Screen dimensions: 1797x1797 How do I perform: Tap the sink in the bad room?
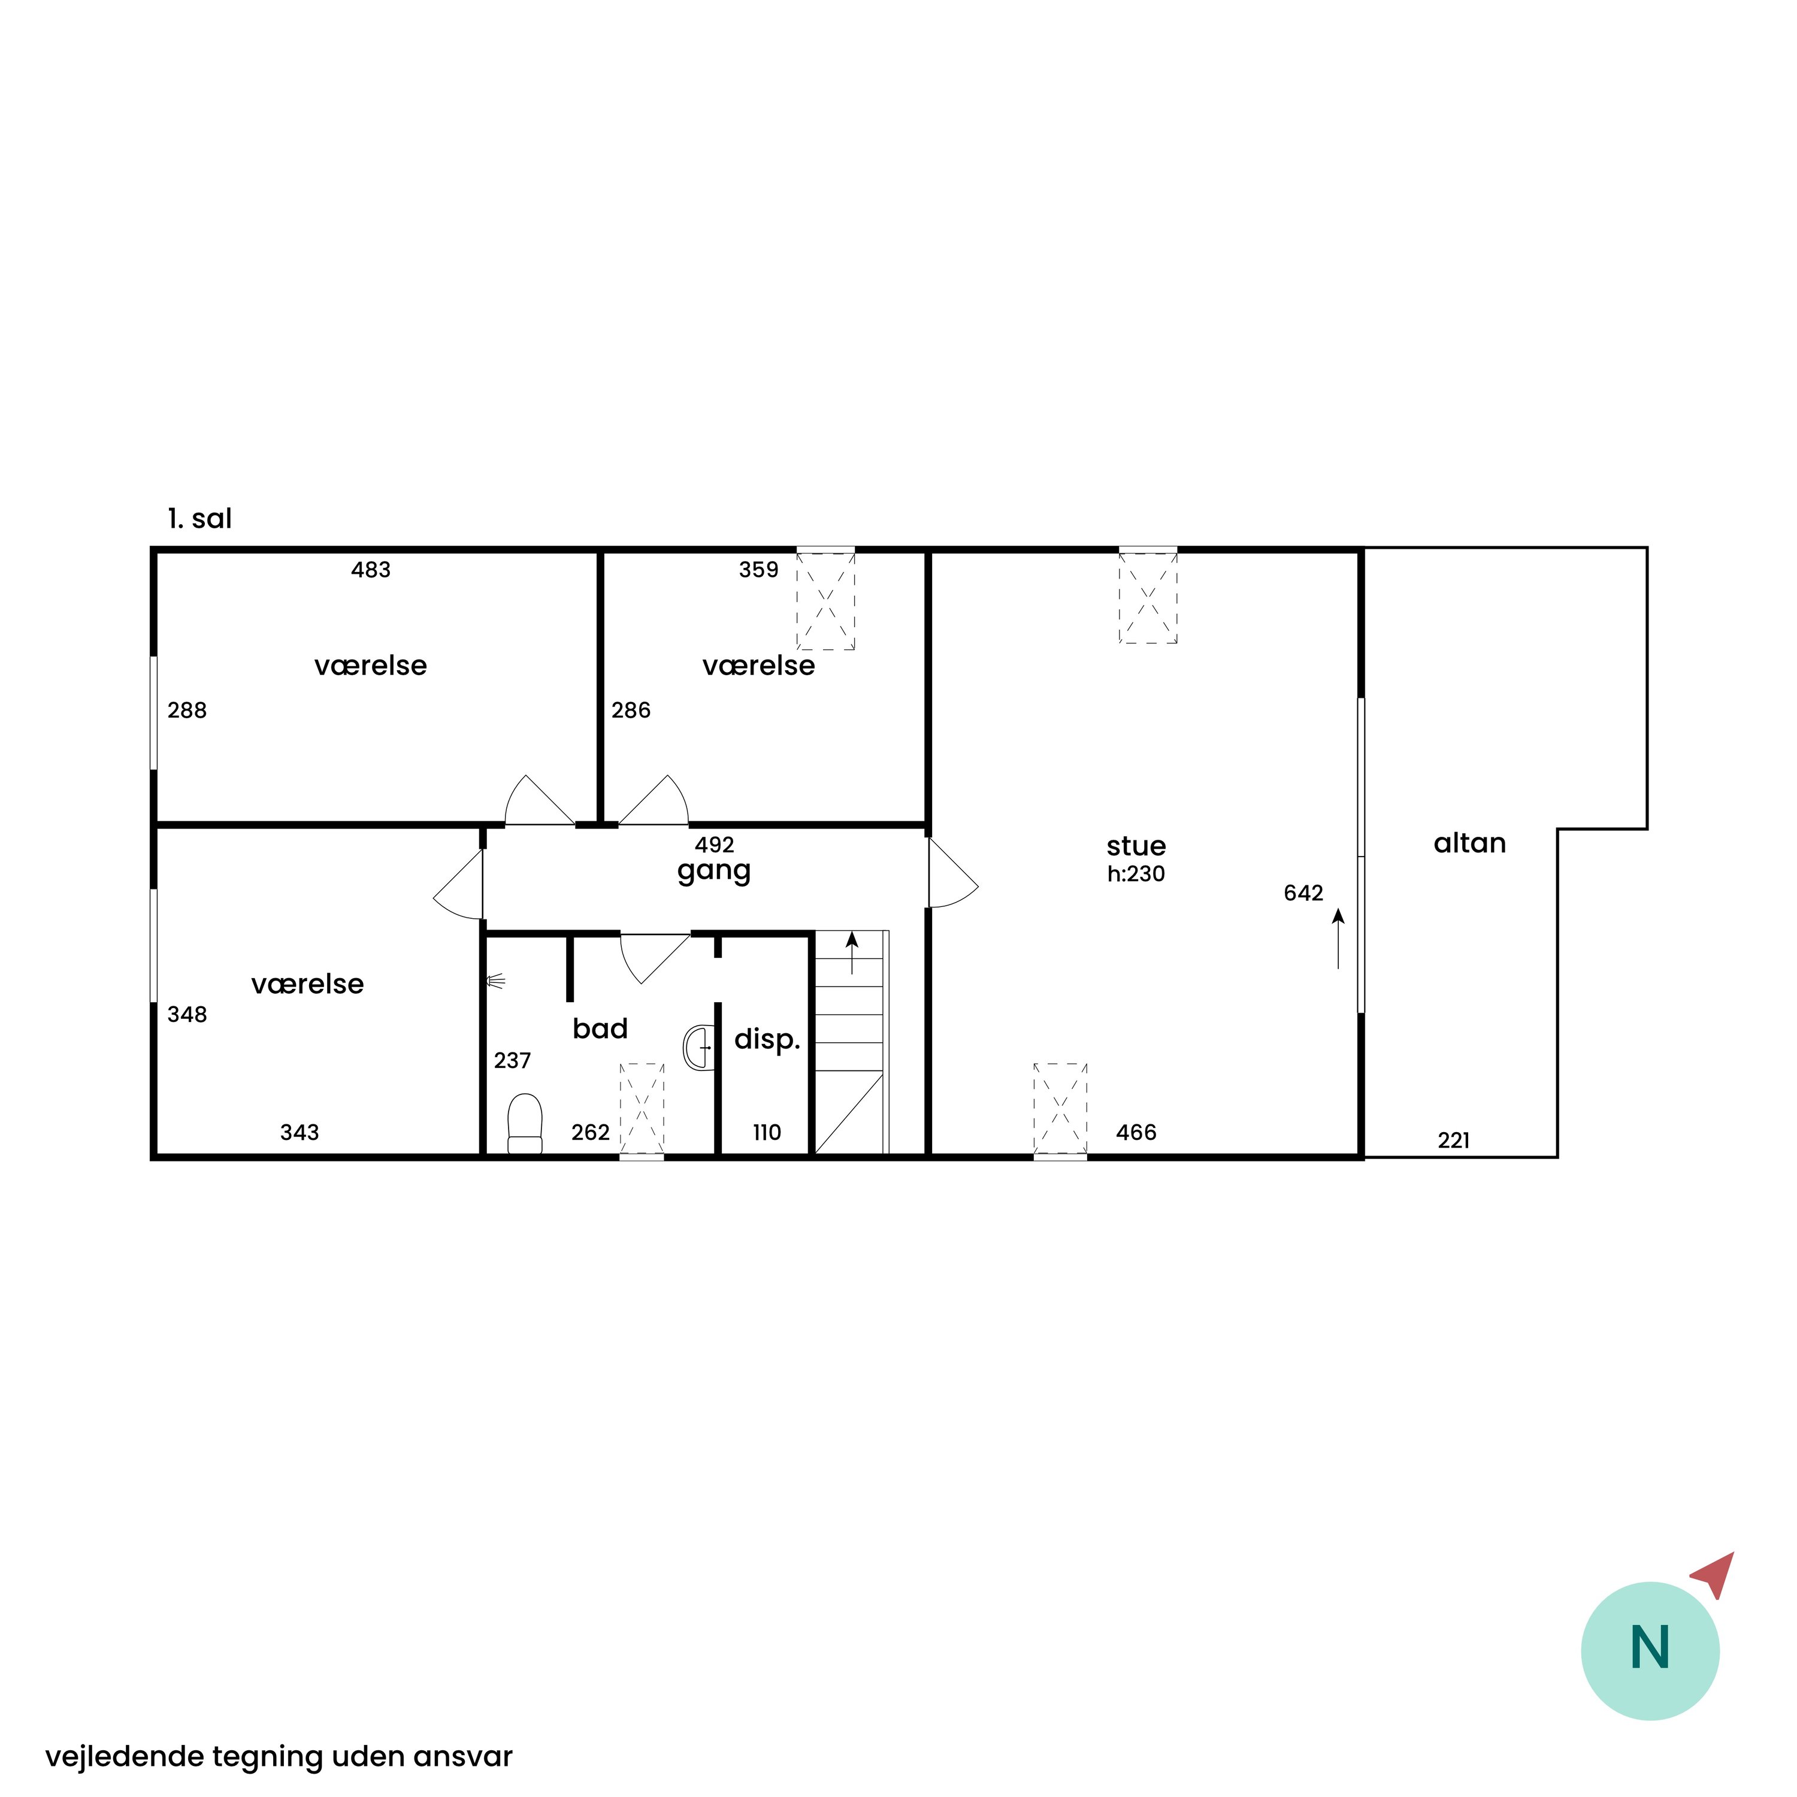(x=698, y=1047)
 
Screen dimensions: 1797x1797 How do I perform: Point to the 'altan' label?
(x=1469, y=843)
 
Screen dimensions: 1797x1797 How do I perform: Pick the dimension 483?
(x=371, y=569)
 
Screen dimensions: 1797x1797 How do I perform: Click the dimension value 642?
(x=1303, y=893)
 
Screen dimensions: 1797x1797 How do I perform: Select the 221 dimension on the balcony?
(x=1454, y=1140)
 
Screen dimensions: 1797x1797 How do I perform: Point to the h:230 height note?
(x=1136, y=873)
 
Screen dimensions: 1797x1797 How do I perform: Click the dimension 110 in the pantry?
(x=767, y=1132)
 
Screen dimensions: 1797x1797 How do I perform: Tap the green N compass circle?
(x=1650, y=1651)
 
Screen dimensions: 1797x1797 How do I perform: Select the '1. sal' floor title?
(x=200, y=519)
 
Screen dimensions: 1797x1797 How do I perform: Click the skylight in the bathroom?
(x=642, y=1109)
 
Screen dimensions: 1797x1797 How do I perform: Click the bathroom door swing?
(x=655, y=958)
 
